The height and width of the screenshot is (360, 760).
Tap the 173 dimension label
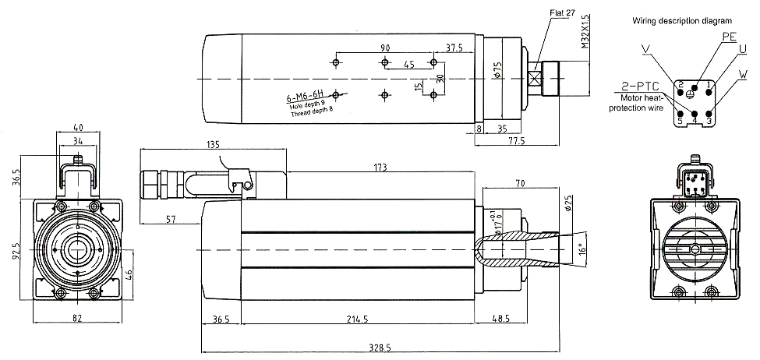[380, 167]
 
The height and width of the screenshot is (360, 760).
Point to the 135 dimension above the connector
[212, 143]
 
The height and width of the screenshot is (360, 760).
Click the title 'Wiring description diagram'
[682, 19]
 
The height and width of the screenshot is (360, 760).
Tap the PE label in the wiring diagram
[729, 37]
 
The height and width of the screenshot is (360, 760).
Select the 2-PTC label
[638, 85]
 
